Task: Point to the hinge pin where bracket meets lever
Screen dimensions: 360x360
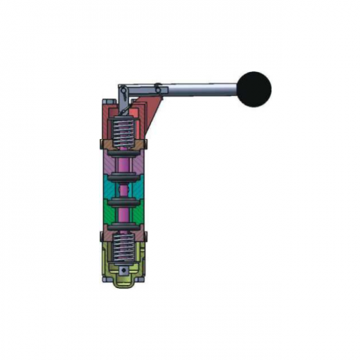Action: point(156,88)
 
